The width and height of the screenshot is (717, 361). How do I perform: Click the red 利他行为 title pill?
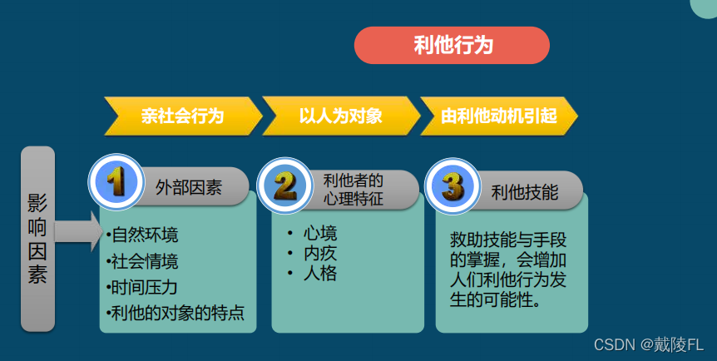pyautogui.click(x=452, y=45)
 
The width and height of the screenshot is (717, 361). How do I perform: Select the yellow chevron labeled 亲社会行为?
pyautogui.click(x=182, y=116)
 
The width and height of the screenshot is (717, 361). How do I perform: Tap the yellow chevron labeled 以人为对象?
pyautogui.click(x=340, y=116)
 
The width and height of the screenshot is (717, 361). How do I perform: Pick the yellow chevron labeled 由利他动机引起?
pyautogui.click(x=498, y=116)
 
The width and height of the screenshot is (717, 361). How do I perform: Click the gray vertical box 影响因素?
pyautogui.click(x=37, y=239)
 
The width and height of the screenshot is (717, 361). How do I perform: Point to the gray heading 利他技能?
pyautogui.click(x=524, y=191)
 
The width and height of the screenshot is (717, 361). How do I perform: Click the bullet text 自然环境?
pyautogui.click(x=143, y=235)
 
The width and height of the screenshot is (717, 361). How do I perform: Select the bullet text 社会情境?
pyautogui.click(x=143, y=261)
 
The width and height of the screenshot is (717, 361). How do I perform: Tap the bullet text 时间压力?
pyautogui.click(x=143, y=287)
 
